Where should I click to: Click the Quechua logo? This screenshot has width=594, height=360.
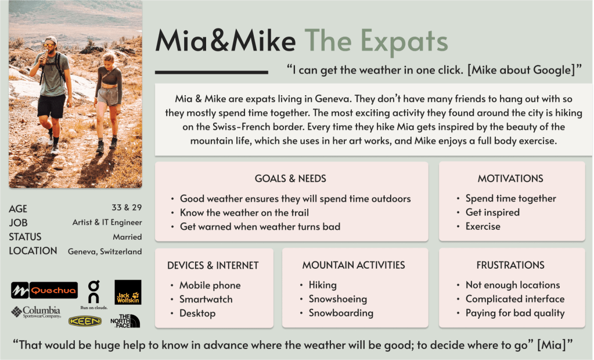pos(44,291)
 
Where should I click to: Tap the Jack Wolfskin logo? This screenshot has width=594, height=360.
pos(128,292)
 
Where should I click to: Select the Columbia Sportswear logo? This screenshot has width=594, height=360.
pos(36,312)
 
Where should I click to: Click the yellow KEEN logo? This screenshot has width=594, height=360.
pos(85,321)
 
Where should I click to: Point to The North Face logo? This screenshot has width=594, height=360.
pos(125,321)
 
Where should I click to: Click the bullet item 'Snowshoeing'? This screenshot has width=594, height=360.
pos(337,299)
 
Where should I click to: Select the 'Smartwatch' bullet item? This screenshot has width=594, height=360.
pos(206,300)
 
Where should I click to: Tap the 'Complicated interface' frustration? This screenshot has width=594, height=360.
pos(515,299)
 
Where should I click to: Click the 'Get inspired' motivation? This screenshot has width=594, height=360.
pos(492,212)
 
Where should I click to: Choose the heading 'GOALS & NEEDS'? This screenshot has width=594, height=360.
pos(290,178)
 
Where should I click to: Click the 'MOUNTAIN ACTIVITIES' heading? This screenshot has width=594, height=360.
pos(354,265)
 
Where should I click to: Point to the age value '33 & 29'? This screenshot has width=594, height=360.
pos(127,207)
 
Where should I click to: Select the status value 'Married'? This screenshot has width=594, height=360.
pos(127,237)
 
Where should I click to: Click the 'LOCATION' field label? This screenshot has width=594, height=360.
pos(33,251)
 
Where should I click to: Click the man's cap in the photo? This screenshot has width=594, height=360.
pos(51,39)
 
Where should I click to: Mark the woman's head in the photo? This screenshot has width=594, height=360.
pos(109,60)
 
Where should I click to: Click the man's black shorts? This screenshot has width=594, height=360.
pos(52,106)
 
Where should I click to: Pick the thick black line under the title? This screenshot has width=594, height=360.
pos(211,72)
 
